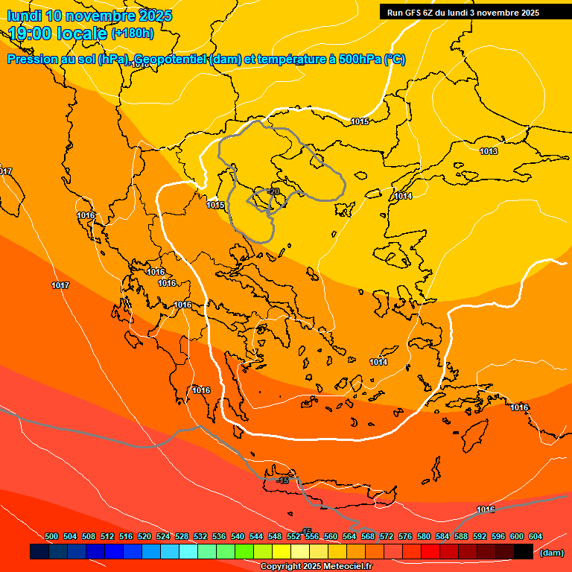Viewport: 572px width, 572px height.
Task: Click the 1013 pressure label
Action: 489,151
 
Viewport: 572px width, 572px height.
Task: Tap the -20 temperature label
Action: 273,191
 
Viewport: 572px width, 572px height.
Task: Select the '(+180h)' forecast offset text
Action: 133,33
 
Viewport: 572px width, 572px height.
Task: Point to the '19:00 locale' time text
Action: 57,33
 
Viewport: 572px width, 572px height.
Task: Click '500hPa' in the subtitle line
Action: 360,60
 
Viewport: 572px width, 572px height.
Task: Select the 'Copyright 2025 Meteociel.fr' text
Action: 316,567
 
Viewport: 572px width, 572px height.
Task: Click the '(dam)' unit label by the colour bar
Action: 552,553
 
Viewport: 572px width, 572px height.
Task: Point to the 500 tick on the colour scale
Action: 52,536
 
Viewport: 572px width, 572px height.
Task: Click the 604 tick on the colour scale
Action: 536,536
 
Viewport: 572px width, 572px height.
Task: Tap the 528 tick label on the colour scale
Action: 182,536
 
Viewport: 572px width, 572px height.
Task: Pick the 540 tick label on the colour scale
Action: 238,536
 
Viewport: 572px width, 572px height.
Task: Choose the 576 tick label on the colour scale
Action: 405,536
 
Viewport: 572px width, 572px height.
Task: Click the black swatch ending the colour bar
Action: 524,552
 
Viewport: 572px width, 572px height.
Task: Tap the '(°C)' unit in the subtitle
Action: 395,60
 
